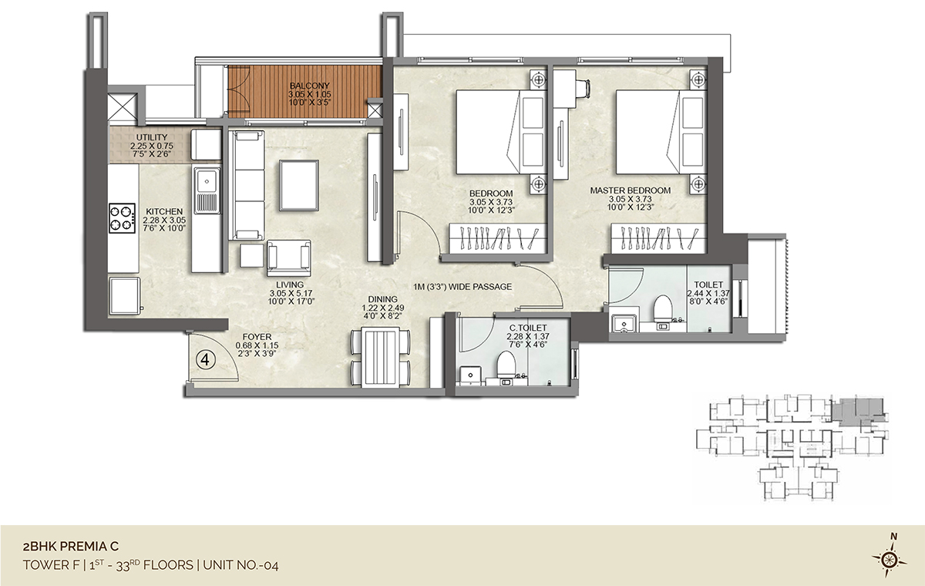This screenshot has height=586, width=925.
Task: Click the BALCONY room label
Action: tap(309, 86)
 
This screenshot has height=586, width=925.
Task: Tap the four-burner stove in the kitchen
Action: tap(123, 218)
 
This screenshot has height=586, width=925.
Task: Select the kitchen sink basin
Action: tap(207, 181)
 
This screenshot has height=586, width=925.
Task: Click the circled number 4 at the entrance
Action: tap(205, 360)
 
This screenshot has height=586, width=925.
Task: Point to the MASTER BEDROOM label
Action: tap(631, 190)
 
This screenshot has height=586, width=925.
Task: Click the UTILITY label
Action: tap(152, 137)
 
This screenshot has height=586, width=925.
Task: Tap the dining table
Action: tap(380, 357)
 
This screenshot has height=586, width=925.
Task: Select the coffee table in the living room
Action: tap(298, 185)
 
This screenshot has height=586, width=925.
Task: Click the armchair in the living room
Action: tap(288, 258)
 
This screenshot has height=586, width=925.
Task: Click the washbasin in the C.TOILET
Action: tap(470, 375)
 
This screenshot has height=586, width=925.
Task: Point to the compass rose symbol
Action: tap(889, 561)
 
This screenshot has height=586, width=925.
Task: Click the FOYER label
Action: tap(257, 337)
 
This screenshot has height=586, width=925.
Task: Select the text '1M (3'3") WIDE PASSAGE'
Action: tap(462, 287)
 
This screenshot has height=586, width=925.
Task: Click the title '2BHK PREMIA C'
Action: tap(71, 547)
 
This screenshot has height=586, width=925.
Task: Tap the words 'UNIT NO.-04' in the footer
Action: tap(240, 565)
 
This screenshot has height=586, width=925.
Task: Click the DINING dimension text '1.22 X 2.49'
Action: tap(383, 308)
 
